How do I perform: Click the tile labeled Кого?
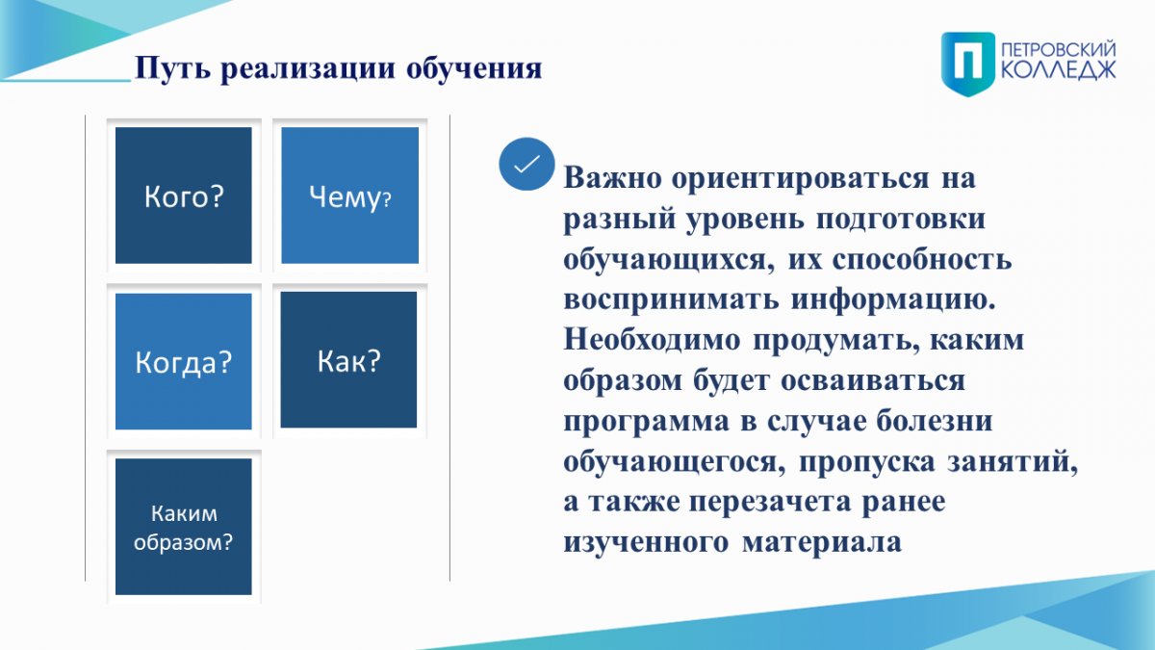184,195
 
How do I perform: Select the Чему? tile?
349,195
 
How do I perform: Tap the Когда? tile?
184,361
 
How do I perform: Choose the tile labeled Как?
348,359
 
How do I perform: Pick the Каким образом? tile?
184,527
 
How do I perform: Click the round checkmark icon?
526,164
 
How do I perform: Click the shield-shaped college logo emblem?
968,64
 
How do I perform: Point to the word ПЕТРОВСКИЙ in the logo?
1059,50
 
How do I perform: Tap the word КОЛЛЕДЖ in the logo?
1059,70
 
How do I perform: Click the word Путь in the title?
172,68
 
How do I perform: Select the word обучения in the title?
474,68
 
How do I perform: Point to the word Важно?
612,178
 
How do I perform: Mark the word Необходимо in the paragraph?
653,340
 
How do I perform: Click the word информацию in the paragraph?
893,299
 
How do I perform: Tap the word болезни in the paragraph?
935,421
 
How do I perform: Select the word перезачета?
770,502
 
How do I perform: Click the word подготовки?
901,219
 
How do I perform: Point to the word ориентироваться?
800,179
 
